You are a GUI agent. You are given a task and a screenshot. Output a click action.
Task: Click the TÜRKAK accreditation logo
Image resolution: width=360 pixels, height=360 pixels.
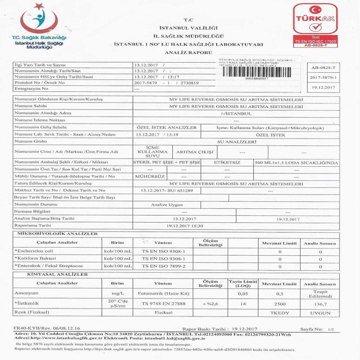(315, 25)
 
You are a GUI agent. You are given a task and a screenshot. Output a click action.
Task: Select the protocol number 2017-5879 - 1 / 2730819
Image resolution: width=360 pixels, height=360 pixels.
(167, 83)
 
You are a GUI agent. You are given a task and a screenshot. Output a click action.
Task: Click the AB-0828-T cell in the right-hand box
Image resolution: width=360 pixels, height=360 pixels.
(323, 67)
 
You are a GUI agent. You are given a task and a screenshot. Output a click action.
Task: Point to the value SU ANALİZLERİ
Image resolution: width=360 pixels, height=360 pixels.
(236, 141)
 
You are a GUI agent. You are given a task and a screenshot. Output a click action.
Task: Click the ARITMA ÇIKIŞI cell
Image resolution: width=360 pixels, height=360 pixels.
(195, 152)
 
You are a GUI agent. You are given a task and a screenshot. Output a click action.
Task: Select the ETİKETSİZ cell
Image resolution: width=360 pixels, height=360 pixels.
(227, 163)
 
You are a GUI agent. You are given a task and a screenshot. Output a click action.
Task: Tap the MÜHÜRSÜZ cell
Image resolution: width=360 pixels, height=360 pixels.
(150, 176)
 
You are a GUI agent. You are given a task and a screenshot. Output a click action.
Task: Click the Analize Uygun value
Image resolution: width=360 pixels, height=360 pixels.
(167, 204)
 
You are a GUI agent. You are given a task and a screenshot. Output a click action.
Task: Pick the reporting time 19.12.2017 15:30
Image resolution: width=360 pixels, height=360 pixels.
(184, 226)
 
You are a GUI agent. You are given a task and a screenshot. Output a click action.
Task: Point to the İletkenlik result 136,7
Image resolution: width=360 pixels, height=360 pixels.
(320, 304)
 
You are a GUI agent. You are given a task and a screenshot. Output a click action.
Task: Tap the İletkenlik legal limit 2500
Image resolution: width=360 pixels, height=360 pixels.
(279, 304)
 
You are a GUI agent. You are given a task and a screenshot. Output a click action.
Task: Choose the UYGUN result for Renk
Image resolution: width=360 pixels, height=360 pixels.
(320, 312)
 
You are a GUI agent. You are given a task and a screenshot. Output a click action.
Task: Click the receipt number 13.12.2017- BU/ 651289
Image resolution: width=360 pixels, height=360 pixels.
(167, 190)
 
